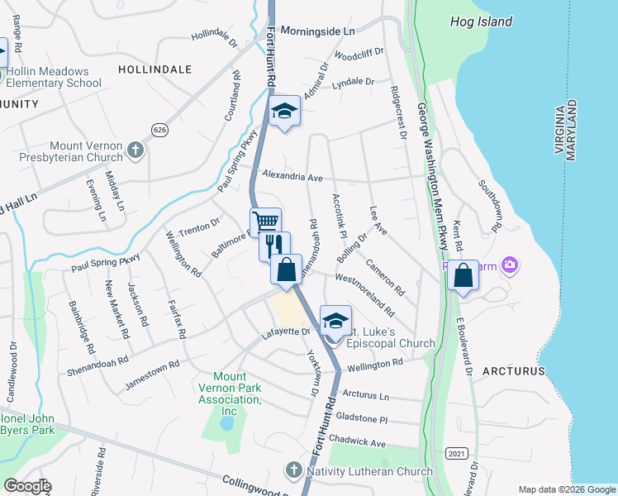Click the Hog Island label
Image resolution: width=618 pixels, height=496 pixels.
pos(481,21)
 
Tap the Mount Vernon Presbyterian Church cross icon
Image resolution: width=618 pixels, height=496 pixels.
pos(136,150)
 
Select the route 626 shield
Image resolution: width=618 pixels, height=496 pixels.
pos(159,128)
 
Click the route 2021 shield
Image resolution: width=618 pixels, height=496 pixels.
pos(455,453)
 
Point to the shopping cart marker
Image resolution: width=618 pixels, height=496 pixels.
pos(265,222)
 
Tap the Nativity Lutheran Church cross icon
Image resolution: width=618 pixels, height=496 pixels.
pos(293,471)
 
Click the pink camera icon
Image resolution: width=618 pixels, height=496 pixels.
pos(510,265)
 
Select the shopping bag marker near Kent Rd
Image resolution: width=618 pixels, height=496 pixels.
pos(463,275)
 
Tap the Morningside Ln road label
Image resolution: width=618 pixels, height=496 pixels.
pos(317,31)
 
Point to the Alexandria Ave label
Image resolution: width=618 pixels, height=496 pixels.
pos(292,177)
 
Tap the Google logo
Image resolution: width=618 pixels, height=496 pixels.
pos(26,486)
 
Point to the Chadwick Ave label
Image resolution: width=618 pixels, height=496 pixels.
pos(355,443)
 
